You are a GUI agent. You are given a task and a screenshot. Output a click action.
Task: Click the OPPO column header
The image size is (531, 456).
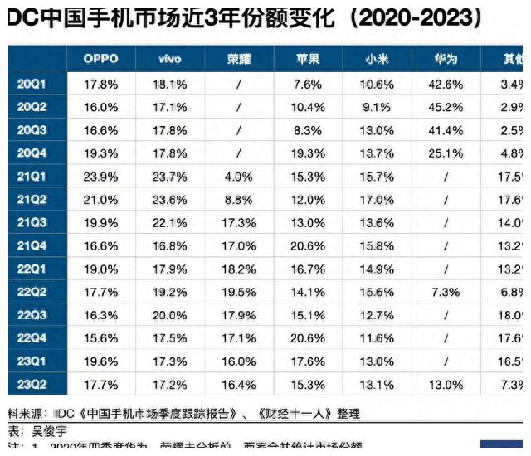tap(100, 59)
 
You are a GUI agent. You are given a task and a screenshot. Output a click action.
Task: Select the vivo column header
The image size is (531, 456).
tap(170, 59)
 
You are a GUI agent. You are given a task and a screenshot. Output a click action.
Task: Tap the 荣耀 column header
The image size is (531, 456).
tap(239, 59)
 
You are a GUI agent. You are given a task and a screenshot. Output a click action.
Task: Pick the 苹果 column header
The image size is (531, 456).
tap(309, 59)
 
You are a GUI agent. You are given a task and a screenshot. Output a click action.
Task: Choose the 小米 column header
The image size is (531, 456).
tap(378, 59)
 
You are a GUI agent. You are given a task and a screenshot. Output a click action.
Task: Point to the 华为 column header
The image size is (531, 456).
tap(446, 59)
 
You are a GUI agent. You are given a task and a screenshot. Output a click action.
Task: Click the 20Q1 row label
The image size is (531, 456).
tap(32, 85)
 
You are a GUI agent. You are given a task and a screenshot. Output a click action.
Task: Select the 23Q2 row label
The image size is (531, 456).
tap(32, 385)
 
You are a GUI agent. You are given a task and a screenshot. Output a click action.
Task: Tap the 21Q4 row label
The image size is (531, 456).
tap(32, 245)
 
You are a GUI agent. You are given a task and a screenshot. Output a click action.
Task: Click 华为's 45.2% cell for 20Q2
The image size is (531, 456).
tap(447, 108)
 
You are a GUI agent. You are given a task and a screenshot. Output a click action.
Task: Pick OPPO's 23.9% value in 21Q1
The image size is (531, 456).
tap(100, 177)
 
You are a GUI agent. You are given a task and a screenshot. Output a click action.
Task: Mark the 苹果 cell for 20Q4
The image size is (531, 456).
tap(309, 153)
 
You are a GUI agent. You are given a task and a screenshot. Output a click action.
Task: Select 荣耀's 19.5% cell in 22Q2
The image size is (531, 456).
tap(239, 292)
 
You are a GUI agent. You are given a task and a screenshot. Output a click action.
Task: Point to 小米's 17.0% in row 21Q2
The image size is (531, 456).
tap(378, 200)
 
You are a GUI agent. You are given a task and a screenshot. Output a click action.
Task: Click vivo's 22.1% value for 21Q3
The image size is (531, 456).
tap(170, 223)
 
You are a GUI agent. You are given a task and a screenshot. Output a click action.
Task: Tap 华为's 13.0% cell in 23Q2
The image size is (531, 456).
tap(447, 385)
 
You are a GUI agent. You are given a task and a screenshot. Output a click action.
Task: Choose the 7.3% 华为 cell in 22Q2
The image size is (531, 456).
tap(447, 292)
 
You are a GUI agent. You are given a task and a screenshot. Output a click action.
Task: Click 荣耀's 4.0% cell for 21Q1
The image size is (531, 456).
tap(239, 177)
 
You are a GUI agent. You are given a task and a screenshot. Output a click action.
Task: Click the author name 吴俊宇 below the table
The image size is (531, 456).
tap(48, 432)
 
